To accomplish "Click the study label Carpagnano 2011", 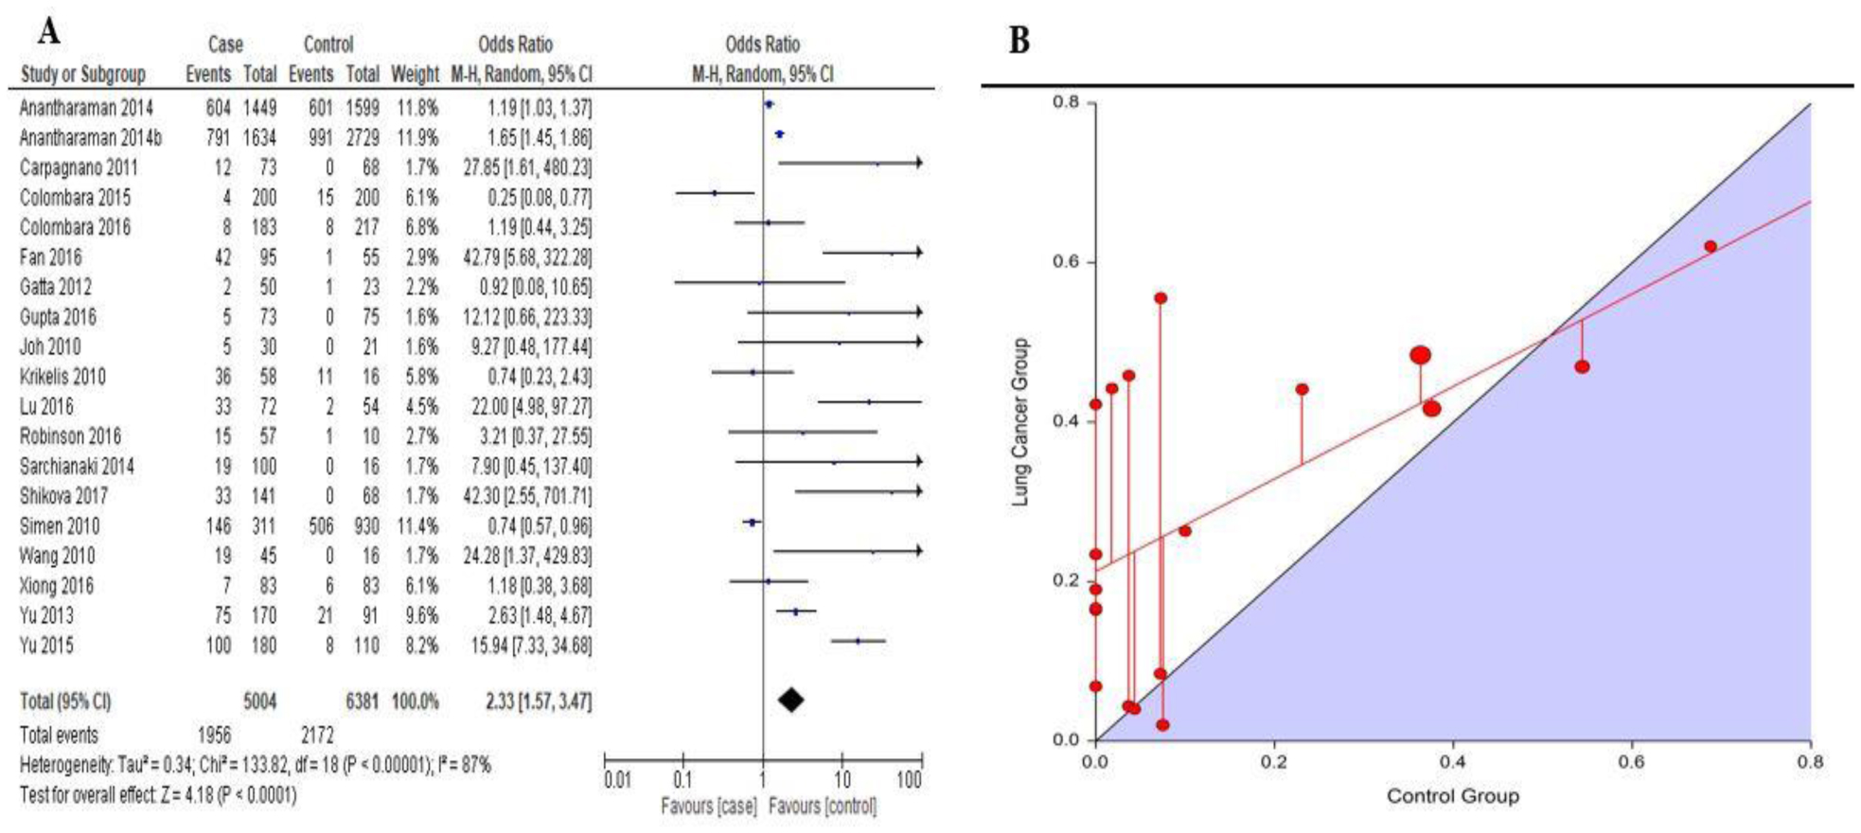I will (79, 168).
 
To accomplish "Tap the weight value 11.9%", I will (417, 138).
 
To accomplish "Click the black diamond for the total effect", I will (791, 700).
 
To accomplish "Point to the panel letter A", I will (48, 31).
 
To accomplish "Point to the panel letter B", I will (1019, 41).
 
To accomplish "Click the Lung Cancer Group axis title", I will (1020, 422).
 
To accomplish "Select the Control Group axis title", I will (1452, 796).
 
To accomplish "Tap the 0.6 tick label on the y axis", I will (1067, 262).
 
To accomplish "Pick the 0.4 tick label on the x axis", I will (1452, 761).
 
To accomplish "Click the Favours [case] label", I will (709, 806).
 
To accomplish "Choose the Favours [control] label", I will (823, 806).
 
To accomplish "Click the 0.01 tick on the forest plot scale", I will (617, 781).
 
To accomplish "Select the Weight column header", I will (415, 74).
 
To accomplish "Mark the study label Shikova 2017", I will (63, 496).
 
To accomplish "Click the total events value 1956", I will (213, 735).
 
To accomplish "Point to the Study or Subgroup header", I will (83, 74).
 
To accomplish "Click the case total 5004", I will (259, 701).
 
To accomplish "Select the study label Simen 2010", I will (60, 526).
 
